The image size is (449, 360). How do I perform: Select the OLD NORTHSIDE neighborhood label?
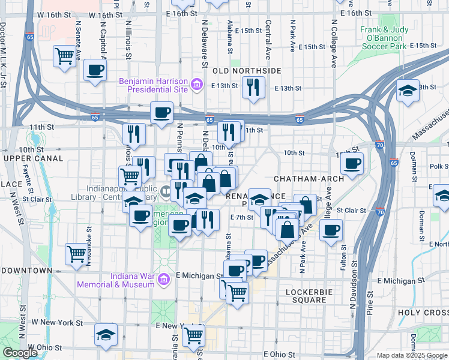click(x=247, y=71)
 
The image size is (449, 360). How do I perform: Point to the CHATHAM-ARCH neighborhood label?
click(x=309, y=179)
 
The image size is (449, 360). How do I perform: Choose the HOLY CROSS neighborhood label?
click(x=423, y=313)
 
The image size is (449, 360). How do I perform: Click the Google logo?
click(x=20, y=353)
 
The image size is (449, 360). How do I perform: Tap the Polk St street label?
click(x=439, y=166)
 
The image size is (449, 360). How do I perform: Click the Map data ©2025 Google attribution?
click(x=412, y=355)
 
